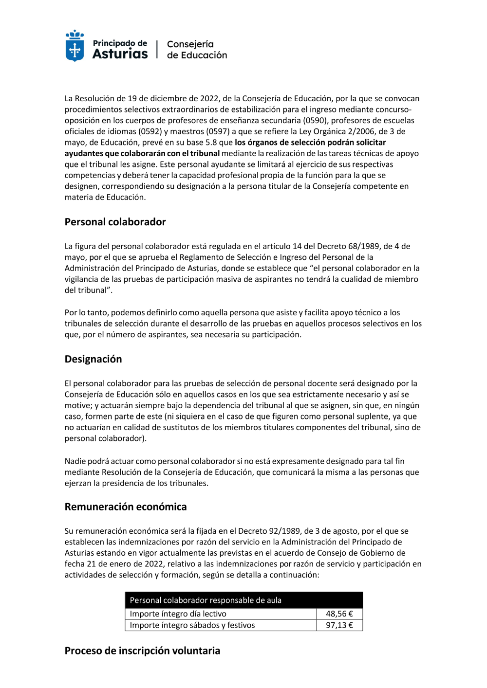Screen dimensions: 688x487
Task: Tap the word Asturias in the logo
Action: point(120,54)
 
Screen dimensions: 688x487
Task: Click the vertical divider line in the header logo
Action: point(157,49)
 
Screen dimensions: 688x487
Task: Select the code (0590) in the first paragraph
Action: point(315,121)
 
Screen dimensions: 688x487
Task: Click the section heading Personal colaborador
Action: point(115,222)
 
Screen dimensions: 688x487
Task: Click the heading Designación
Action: point(94,359)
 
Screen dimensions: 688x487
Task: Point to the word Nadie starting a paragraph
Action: point(75,461)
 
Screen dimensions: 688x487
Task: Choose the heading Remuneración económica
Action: point(126,507)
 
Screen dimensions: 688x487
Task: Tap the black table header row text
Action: point(206,600)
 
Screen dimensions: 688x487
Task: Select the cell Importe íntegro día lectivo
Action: point(178,614)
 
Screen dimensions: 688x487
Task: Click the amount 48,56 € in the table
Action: point(339,614)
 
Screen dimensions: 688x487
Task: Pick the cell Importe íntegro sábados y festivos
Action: point(192,625)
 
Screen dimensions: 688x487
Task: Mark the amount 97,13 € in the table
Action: point(339,625)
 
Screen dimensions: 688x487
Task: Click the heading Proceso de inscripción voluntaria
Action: point(142,651)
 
